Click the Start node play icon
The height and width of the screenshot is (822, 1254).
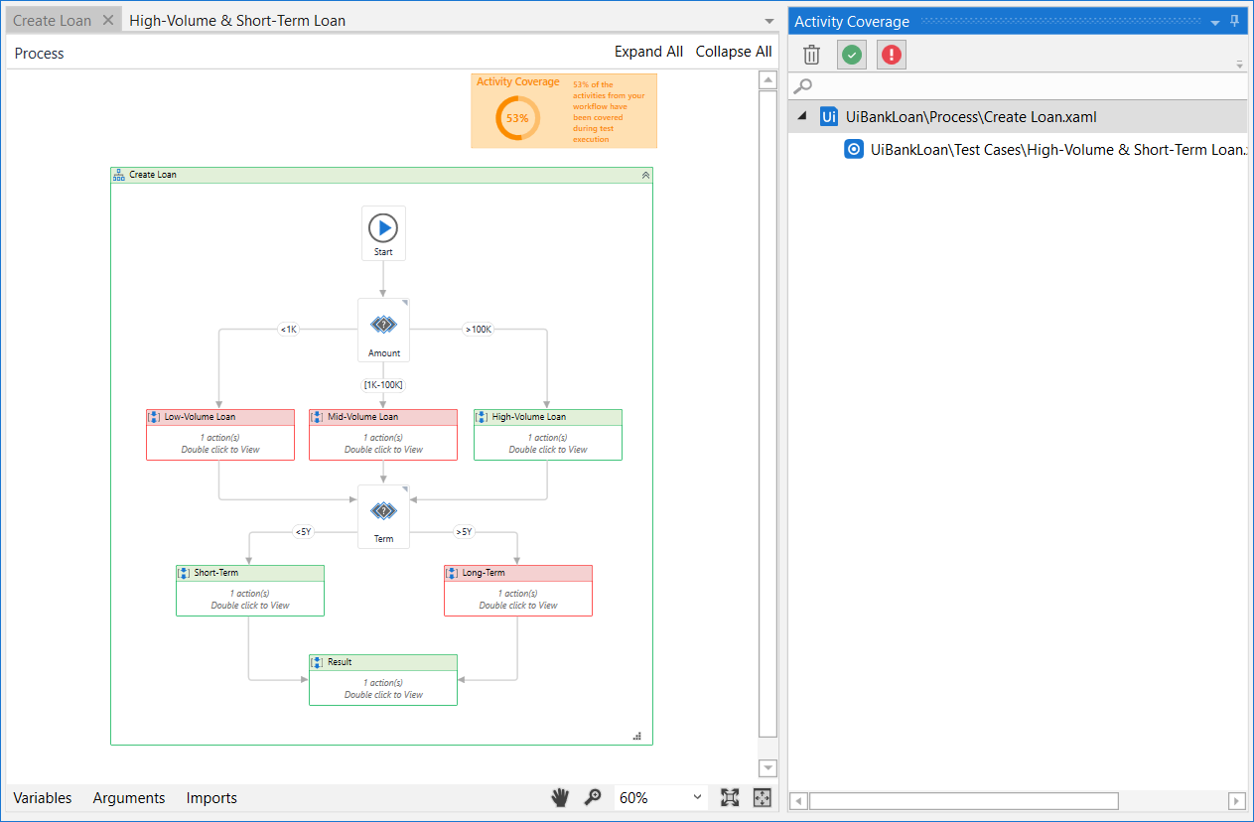tap(383, 228)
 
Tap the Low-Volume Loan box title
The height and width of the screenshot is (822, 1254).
tap(200, 417)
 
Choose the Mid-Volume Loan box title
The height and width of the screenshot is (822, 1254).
tap(362, 417)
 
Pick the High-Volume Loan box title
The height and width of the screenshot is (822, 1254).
tap(528, 417)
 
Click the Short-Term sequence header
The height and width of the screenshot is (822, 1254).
tap(216, 573)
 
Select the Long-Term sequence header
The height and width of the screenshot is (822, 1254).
tap(484, 573)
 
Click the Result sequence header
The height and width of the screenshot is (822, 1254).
tap(340, 662)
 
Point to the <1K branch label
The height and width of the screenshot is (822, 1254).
tap(288, 330)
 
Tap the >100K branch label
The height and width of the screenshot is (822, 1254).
tap(478, 330)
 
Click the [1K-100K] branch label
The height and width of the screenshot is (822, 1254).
tap(383, 385)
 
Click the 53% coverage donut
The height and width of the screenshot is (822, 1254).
tap(517, 118)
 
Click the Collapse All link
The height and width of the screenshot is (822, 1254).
tap(734, 52)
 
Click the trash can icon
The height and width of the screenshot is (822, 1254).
tap(812, 55)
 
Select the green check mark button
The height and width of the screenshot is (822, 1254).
tap(852, 55)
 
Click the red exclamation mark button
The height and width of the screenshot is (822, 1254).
tap(892, 55)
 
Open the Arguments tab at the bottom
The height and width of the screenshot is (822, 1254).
tap(129, 798)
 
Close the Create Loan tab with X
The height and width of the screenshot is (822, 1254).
tap(109, 20)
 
